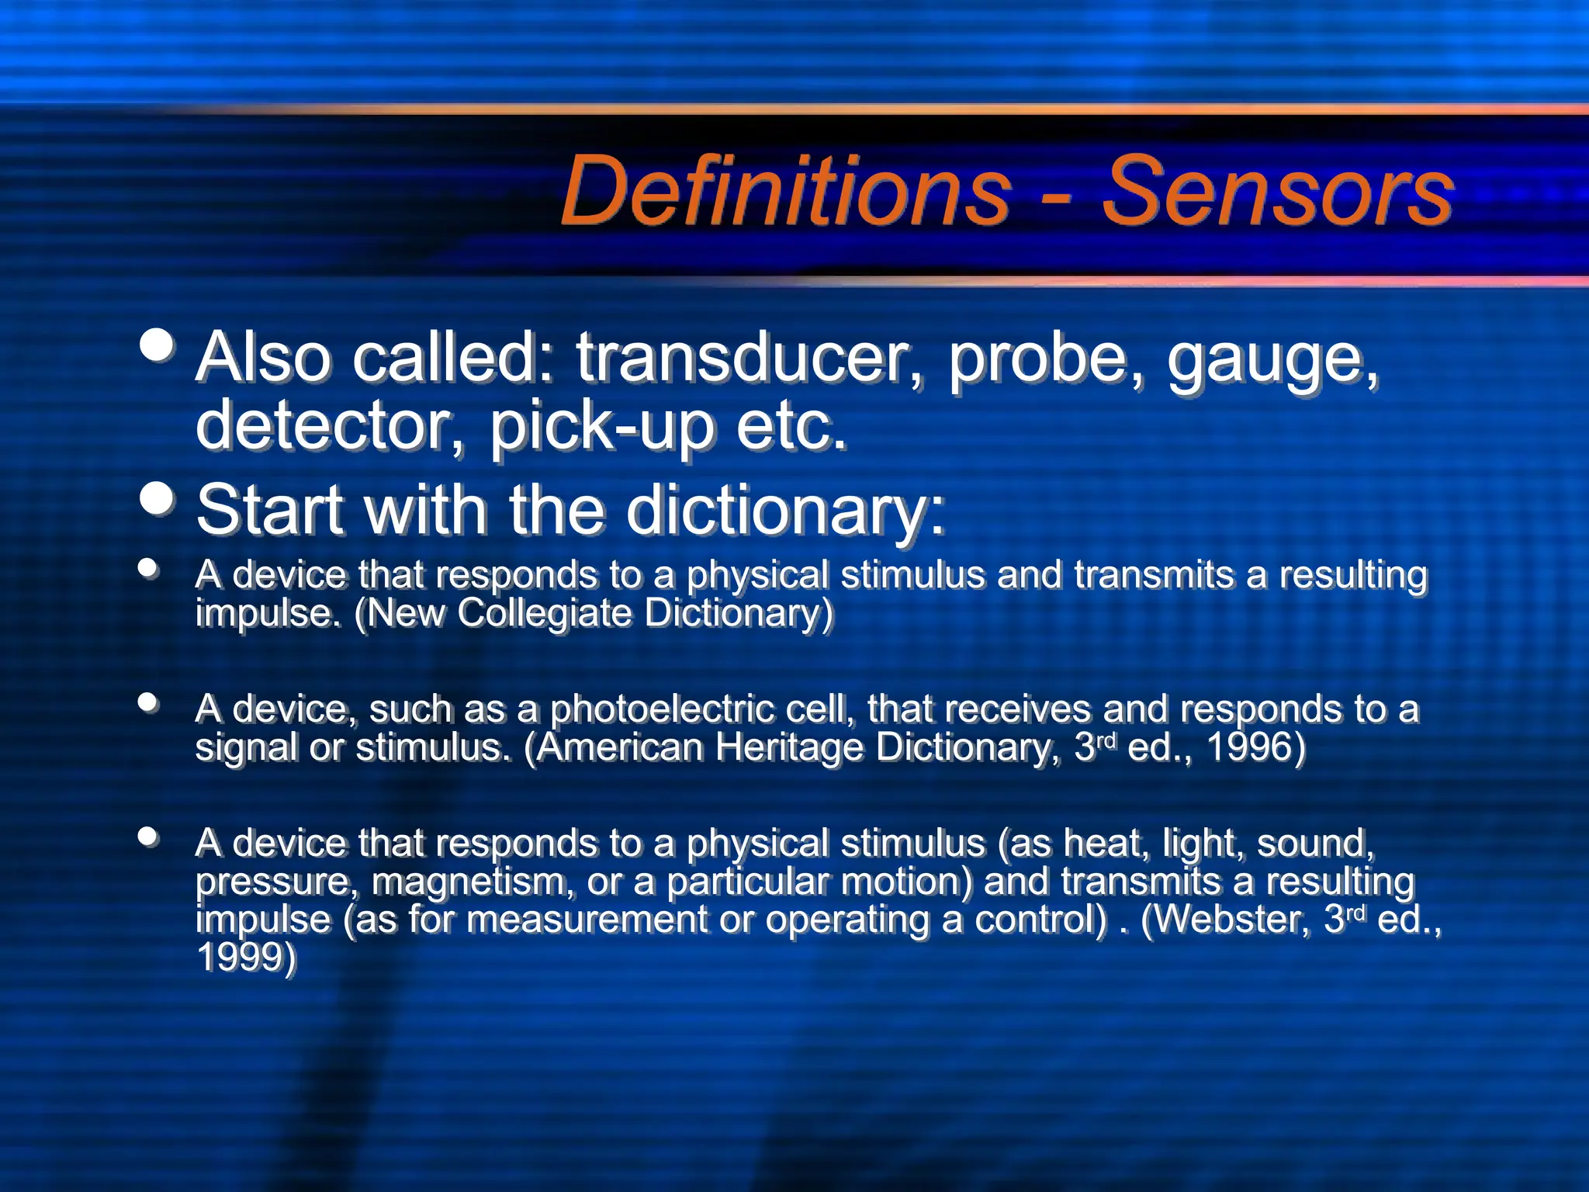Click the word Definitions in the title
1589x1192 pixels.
785,190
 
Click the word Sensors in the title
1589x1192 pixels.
1277,190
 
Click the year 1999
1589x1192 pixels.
245,957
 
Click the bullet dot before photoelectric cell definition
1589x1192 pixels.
148,702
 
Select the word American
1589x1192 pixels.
619,747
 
